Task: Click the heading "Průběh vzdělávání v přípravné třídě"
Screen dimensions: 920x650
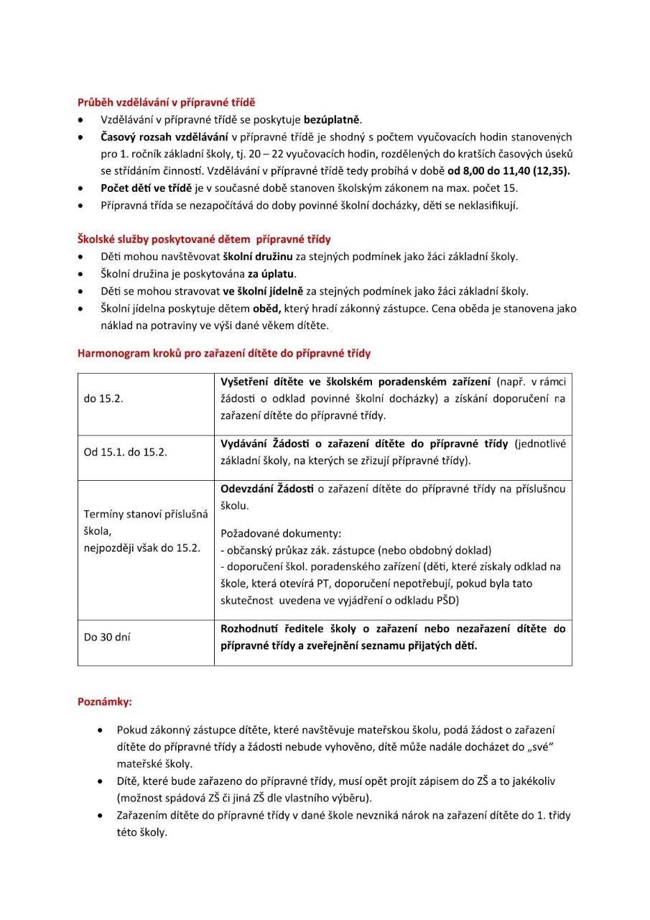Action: [x=167, y=102]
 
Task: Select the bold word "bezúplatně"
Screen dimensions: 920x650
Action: [x=333, y=119]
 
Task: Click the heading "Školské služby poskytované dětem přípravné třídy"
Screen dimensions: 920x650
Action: [x=204, y=239]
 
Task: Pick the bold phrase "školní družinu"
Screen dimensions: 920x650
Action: [x=257, y=257]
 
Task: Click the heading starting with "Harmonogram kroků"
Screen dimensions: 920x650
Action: [x=224, y=354]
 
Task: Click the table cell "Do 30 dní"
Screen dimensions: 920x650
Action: [x=107, y=637]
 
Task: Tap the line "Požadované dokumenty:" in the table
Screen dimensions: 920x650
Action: [x=281, y=533]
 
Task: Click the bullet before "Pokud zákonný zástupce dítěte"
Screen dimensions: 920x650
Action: [x=100, y=730]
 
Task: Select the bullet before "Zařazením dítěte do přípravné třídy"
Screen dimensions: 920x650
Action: [x=100, y=816]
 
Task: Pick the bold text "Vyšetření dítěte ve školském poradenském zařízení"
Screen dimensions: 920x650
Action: [x=356, y=382]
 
